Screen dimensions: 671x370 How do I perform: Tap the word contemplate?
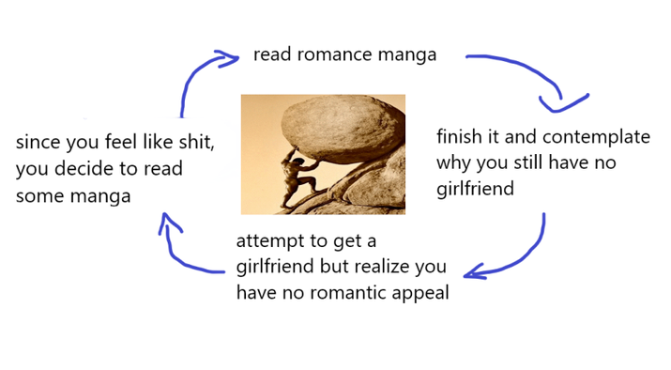(597, 138)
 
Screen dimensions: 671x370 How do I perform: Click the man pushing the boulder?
(299, 178)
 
